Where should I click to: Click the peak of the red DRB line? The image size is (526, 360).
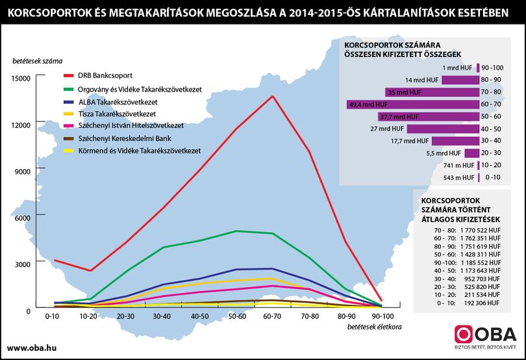point(273,96)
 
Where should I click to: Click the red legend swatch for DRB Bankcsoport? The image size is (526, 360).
point(68,76)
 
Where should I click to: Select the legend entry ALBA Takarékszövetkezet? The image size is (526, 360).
point(118,102)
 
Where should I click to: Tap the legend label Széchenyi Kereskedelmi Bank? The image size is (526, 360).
point(125,138)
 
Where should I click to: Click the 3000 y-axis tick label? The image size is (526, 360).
point(23,264)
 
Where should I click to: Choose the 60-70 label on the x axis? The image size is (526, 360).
point(272,316)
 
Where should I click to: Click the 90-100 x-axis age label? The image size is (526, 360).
point(382,316)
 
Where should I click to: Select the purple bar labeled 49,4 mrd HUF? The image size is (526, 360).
point(413,105)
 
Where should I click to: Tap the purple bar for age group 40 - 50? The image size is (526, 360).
point(443,129)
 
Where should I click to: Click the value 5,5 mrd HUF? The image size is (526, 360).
point(444,153)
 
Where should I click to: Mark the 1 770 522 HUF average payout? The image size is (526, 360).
point(481,231)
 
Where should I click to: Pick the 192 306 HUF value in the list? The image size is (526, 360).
point(482,303)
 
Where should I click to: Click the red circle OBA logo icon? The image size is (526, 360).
point(463,334)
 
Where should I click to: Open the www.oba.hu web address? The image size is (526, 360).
point(32,348)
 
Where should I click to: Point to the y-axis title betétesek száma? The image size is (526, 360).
point(38,61)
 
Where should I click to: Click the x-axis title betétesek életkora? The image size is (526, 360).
point(375,327)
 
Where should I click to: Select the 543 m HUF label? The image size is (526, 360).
point(458,177)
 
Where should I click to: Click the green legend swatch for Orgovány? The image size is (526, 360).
point(68,90)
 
